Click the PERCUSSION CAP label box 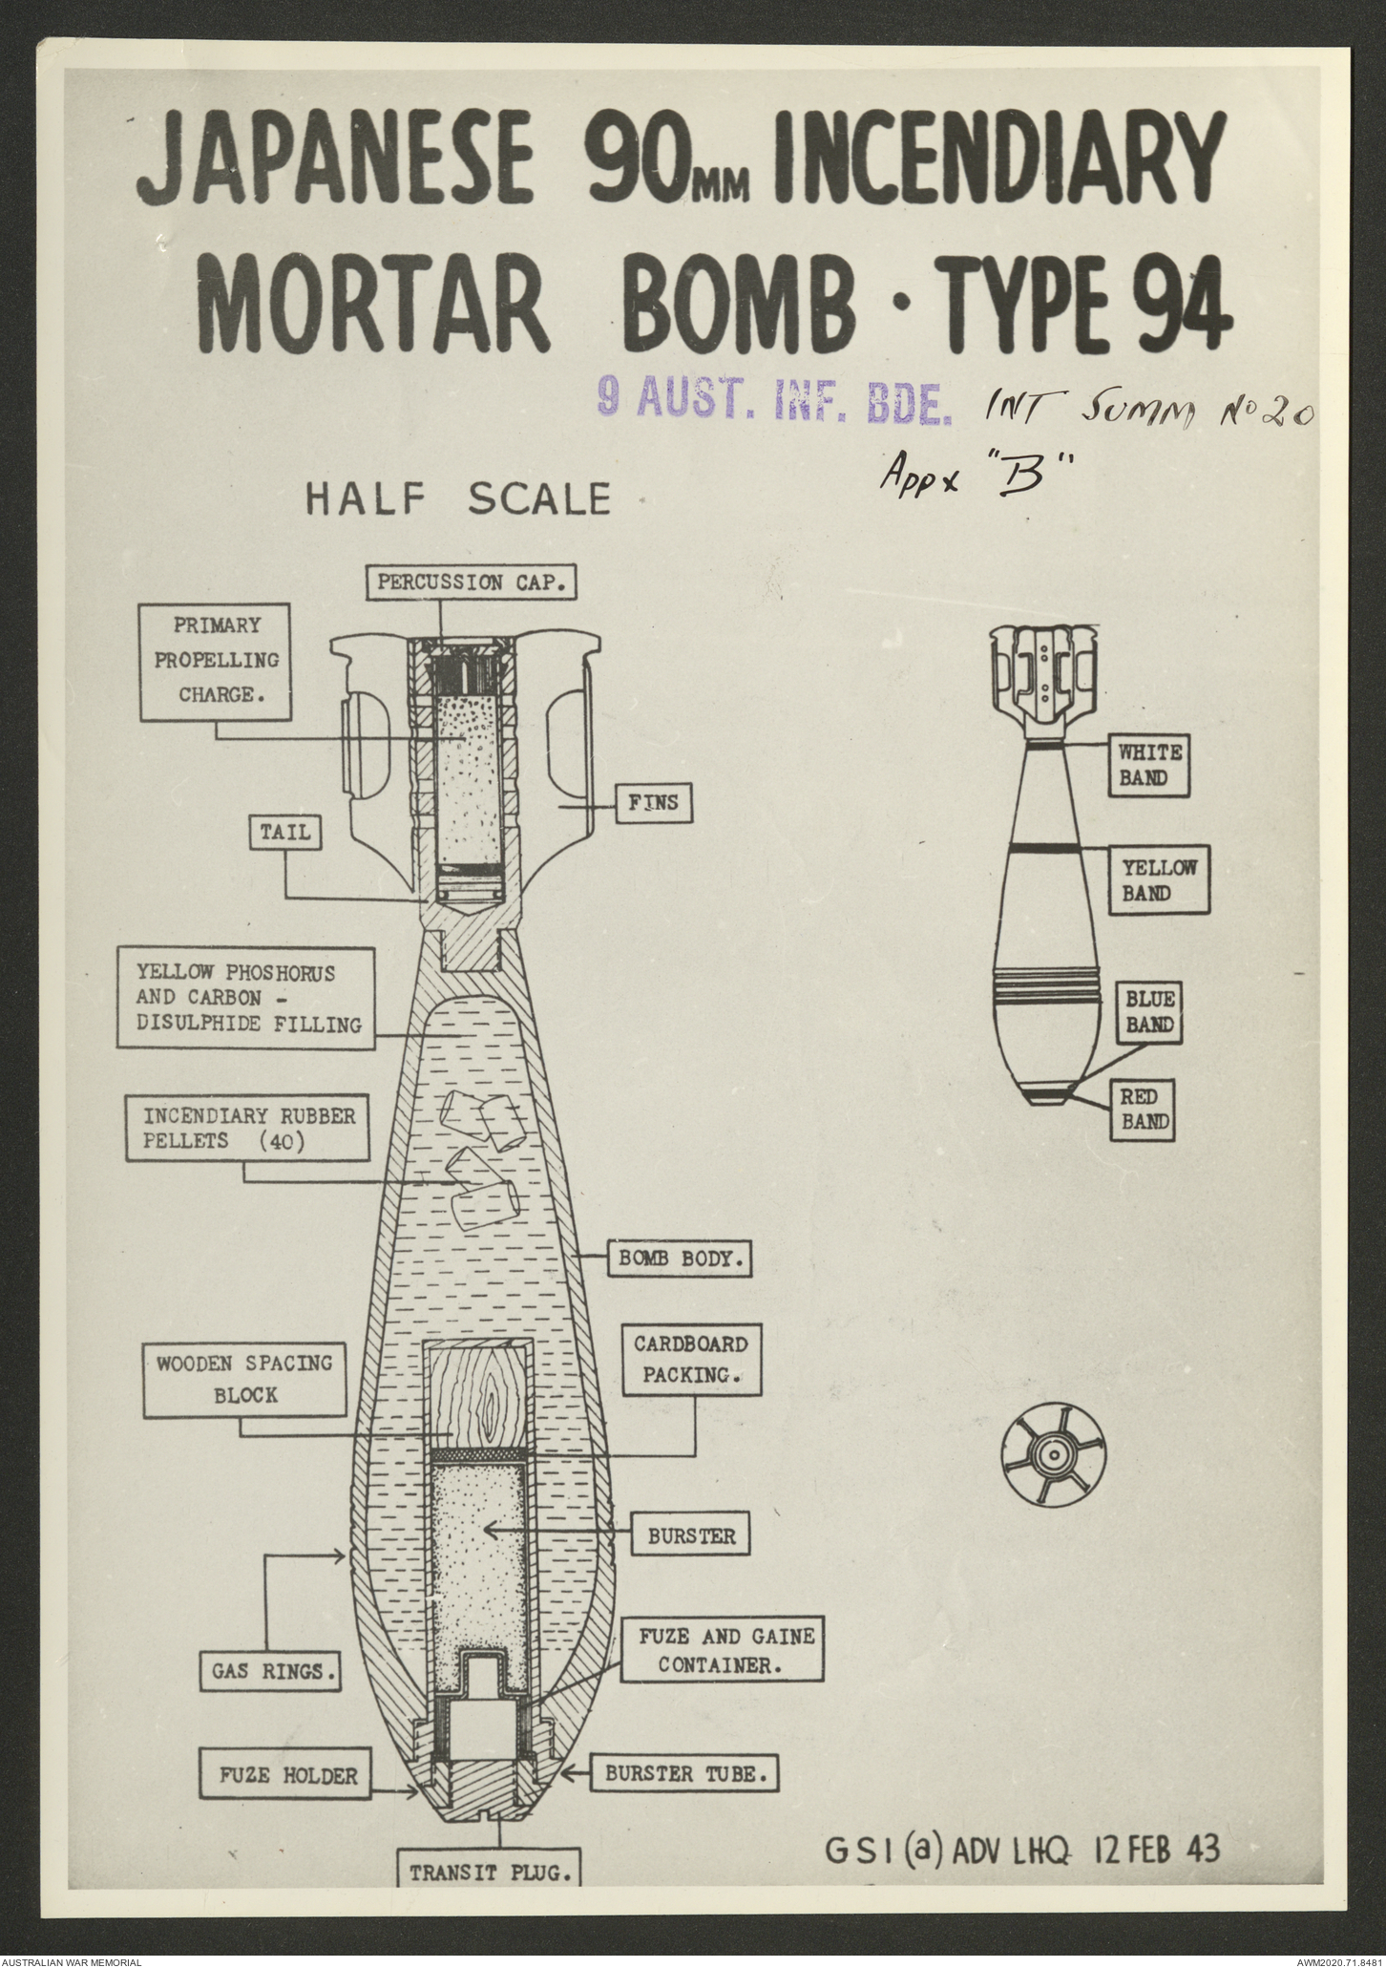(472, 582)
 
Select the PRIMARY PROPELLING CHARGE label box (216, 660)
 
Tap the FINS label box (653, 803)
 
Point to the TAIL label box (285, 832)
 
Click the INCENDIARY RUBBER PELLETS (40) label (248, 1128)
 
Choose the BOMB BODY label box (680, 1258)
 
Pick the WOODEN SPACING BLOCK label (245, 1379)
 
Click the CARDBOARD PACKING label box (691, 1360)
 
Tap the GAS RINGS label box (271, 1698)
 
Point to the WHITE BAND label (1149, 765)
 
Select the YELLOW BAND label (1159, 879)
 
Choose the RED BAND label (1144, 1110)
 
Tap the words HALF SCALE (457, 498)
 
